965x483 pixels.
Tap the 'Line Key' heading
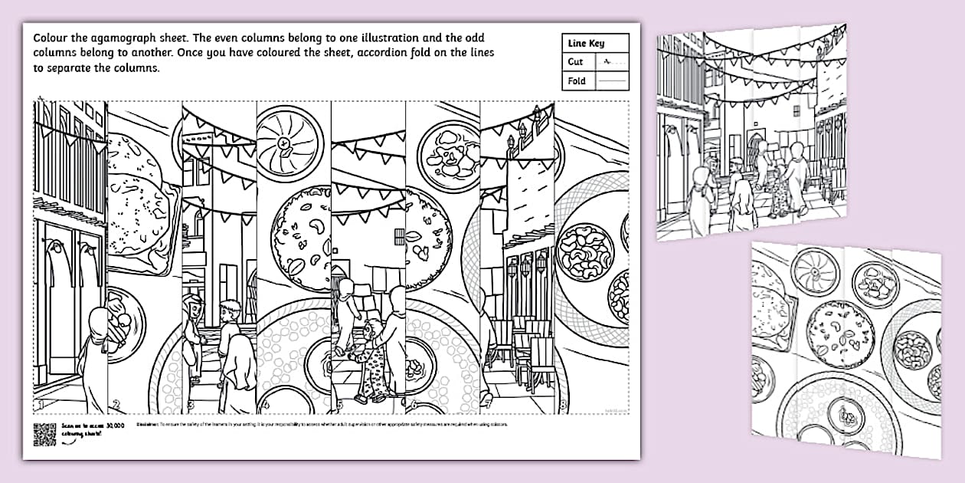tap(586, 44)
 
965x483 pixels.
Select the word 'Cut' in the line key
tap(576, 62)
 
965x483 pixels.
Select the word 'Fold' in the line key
tap(577, 80)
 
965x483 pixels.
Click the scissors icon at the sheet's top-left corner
tap(40, 100)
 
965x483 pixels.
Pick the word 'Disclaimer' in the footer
tap(147, 424)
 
